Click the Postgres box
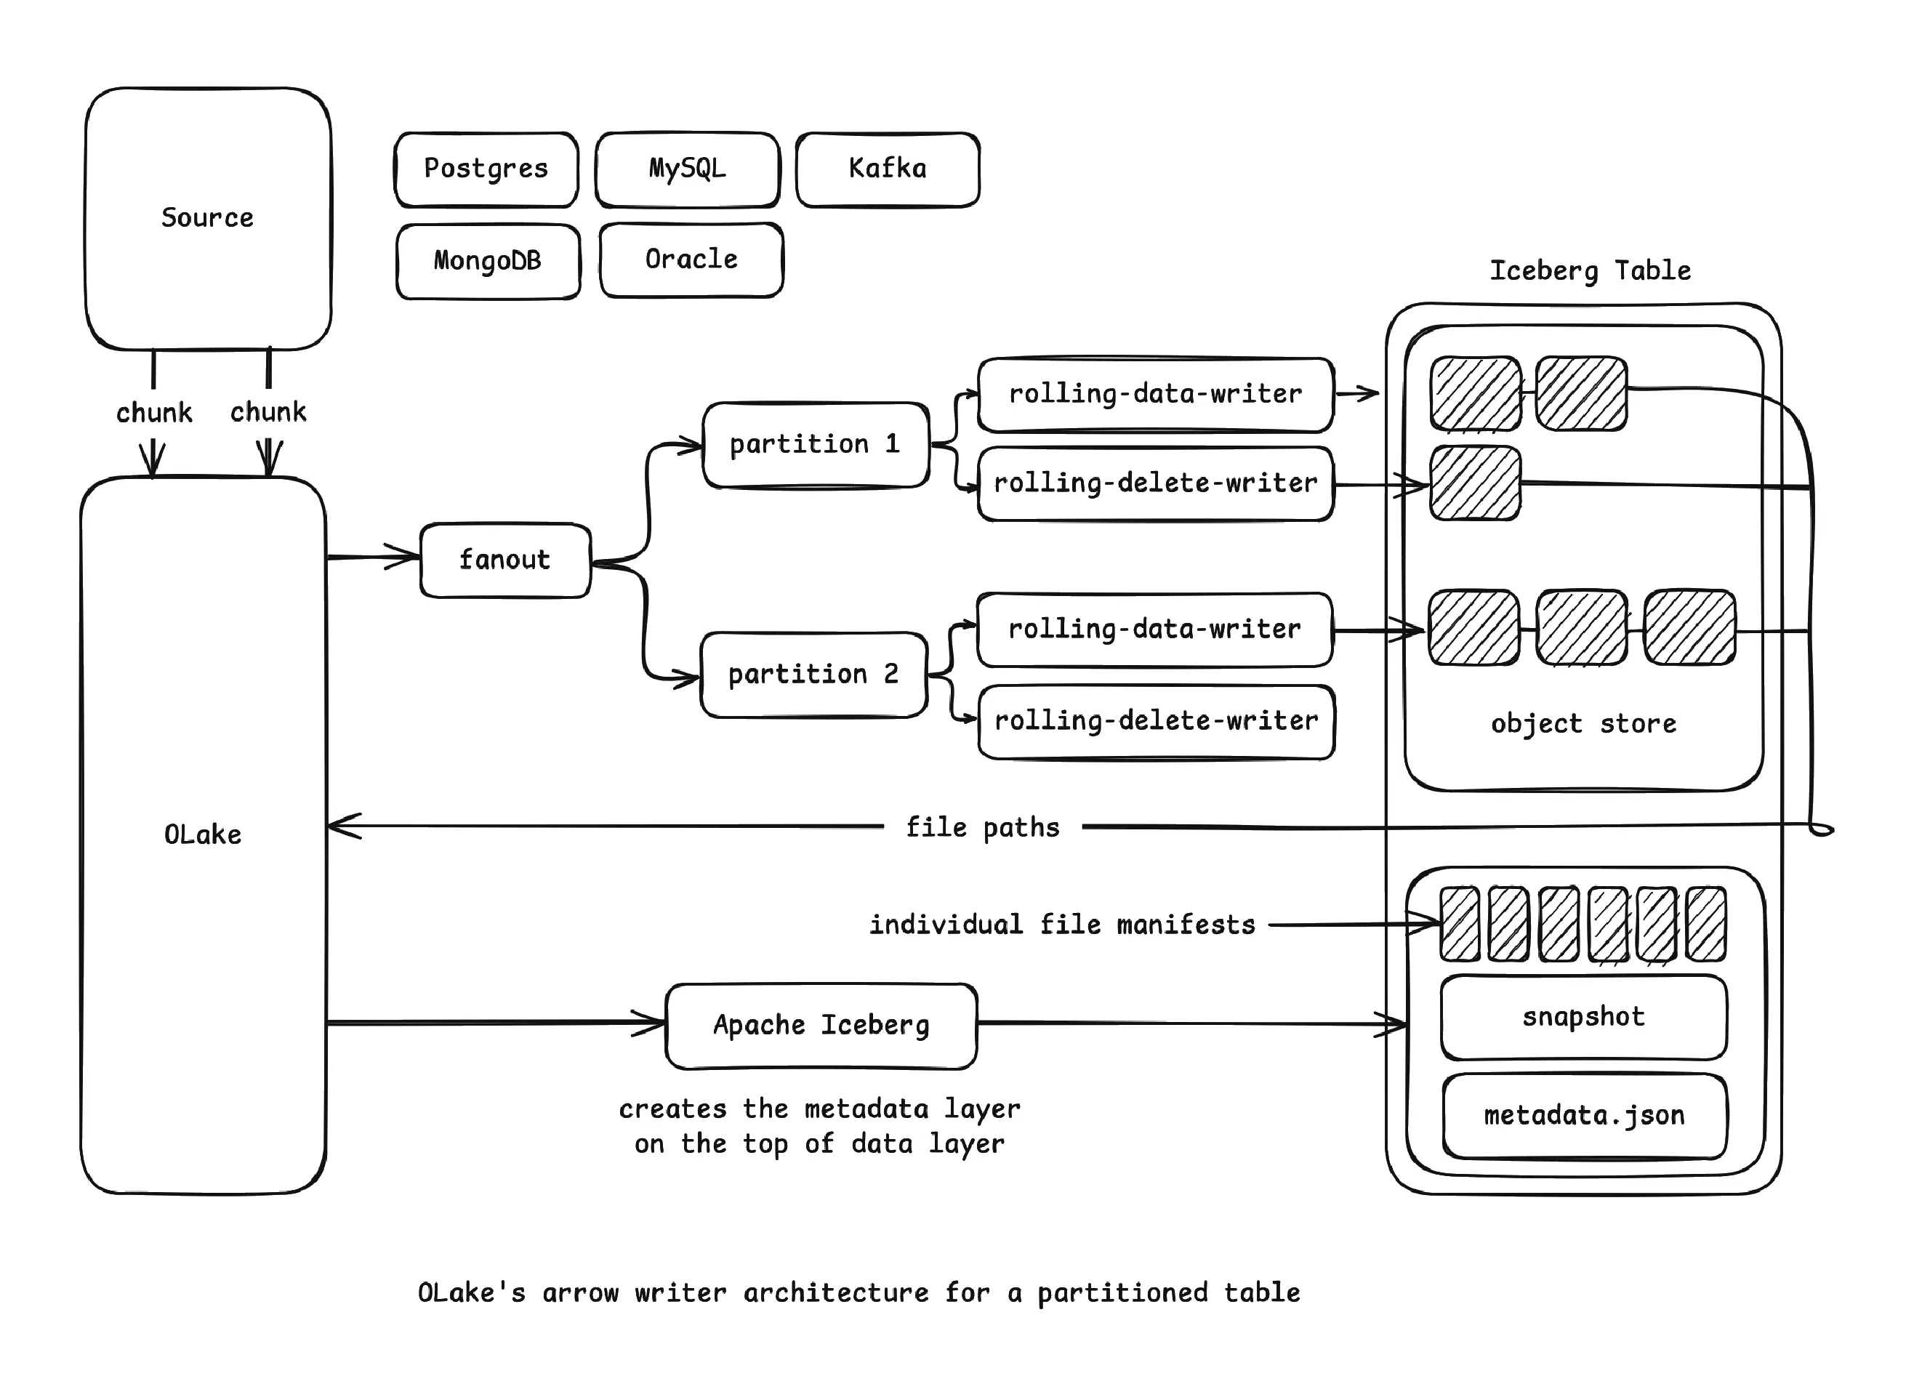tap(486, 169)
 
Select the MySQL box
tap(687, 169)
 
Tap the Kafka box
tap(888, 169)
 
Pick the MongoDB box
tap(488, 260)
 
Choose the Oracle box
tap(691, 259)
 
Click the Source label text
tap(206, 217)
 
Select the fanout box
tap(505, 560)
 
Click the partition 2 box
tap(813, 674)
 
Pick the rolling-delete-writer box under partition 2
tap(1157, 721)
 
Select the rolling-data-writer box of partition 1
tap(1156, 394)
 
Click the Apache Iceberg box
tap(821, 1025)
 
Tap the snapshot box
tap(1583, 1017)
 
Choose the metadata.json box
tap(1584, 1115)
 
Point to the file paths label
tap(982, 828)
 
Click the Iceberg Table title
tap(1590, 270)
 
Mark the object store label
tap(1583, 723)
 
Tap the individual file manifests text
tap(1062, 925)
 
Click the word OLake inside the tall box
tap(203, 834)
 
